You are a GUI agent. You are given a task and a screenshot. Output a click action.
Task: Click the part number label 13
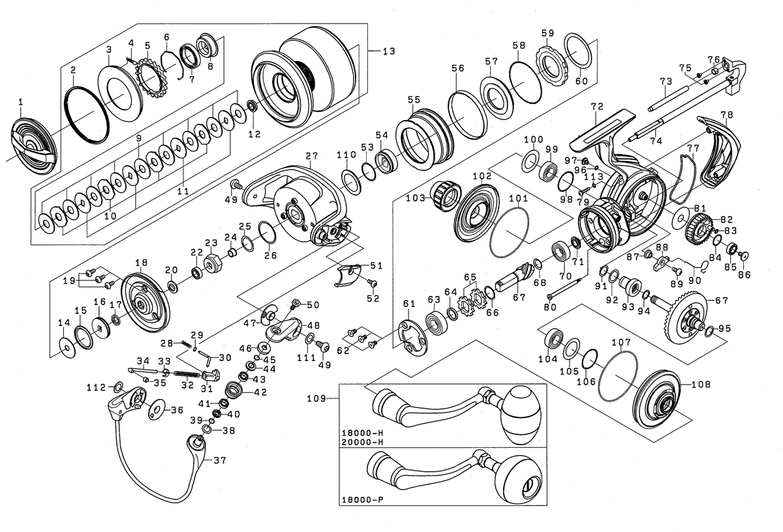pos(389,51)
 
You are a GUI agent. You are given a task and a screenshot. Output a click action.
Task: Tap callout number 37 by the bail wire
pos(219,459)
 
